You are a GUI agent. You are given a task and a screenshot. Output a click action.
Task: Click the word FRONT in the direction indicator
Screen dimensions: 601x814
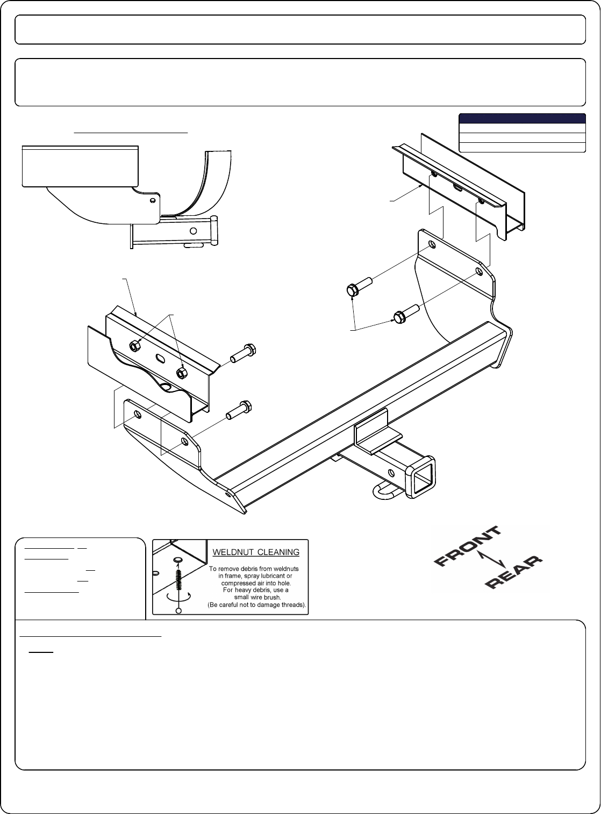point(468,546)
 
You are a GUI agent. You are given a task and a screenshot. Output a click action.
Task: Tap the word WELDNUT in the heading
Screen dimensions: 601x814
point(233,552)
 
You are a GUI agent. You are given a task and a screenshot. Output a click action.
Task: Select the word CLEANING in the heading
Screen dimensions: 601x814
point(278,552)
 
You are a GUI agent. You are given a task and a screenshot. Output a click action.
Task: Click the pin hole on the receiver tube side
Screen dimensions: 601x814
point(391,473)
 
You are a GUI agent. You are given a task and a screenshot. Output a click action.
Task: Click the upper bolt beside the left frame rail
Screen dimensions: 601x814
point(243,353)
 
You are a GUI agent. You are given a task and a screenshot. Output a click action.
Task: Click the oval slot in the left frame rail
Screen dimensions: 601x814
point(160,358)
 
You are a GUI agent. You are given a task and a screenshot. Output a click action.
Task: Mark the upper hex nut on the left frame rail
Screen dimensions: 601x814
point(134,346)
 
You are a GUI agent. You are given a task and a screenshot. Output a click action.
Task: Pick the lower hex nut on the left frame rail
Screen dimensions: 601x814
point(181,373)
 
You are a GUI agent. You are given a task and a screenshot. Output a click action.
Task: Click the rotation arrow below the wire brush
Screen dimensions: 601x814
point(178,596)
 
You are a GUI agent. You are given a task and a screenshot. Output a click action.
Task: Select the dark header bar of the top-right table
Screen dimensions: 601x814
point(522,119)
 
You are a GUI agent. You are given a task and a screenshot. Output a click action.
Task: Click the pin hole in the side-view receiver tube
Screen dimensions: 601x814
point(193,231)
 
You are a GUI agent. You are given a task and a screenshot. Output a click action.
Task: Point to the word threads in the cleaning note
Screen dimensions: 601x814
point(292,605)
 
